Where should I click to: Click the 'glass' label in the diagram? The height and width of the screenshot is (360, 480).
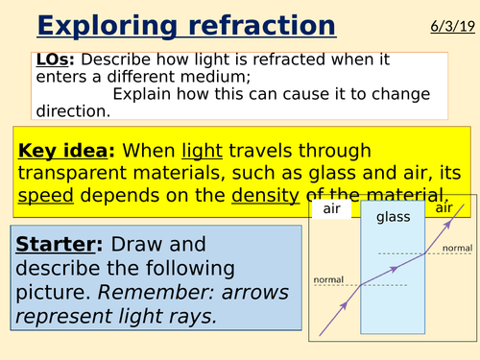pos(394,217)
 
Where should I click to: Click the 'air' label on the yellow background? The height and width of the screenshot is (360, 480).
pos(444,208)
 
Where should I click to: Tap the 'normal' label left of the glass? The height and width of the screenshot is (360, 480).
pos(329,279)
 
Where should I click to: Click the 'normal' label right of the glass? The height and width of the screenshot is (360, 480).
pos(456,248)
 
